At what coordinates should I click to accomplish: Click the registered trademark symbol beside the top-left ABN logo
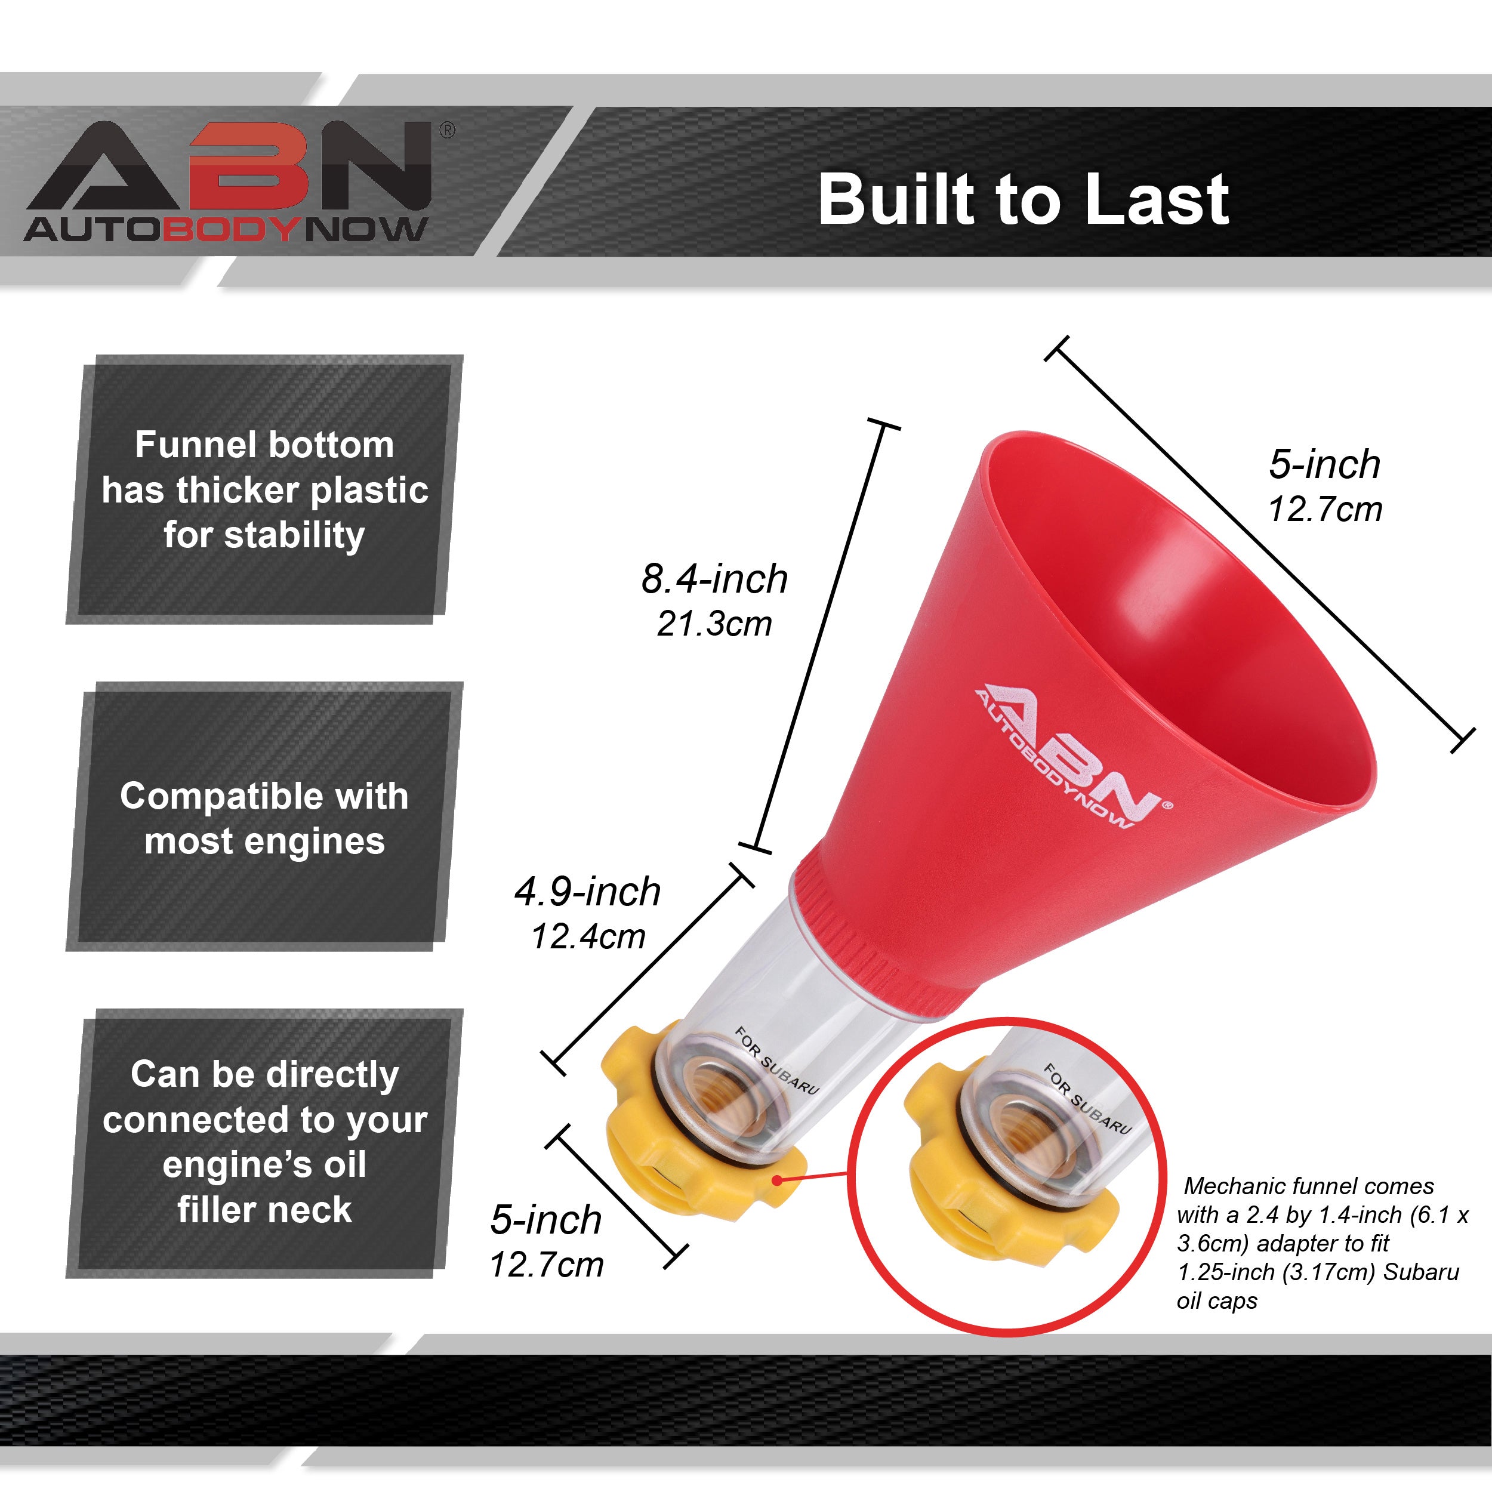coord(446,131)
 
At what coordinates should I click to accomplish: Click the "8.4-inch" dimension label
coord(714,578)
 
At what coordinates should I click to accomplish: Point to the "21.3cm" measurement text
coord(714,624)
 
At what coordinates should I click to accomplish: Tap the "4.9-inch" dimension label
coord(587,892)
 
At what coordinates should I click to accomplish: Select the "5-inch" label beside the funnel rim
coord(1324,464)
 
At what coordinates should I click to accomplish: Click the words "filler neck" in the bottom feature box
coord(264,1209)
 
